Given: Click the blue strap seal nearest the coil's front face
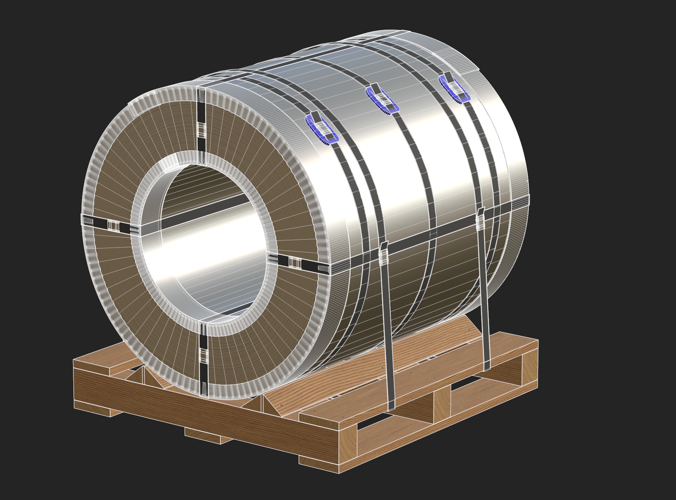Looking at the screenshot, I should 322,129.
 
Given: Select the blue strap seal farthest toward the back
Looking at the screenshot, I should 455,88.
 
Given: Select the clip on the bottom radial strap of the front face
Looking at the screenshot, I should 203,354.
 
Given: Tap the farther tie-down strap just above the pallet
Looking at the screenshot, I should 486,353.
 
